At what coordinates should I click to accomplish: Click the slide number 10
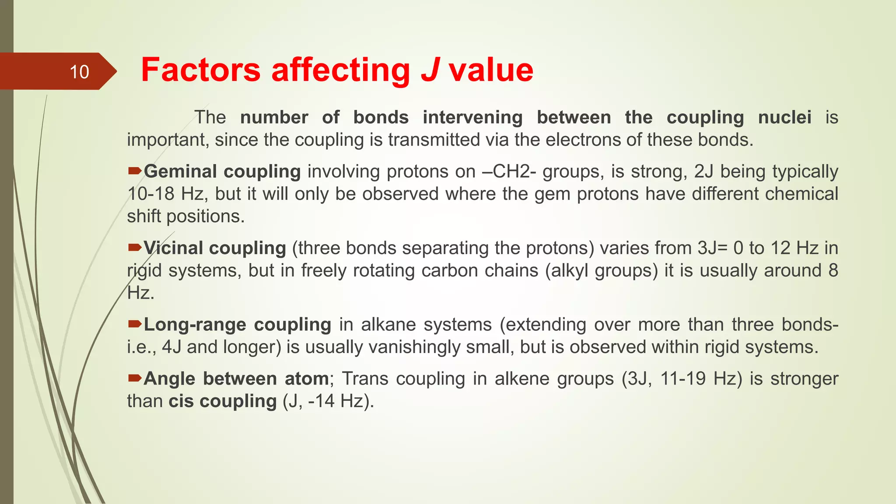point(79,72)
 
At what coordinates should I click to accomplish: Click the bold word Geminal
point(180,171)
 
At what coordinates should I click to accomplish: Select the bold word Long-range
point(195,325)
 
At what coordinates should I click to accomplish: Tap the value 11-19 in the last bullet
point(682,379)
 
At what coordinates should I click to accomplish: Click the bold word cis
point(181,401)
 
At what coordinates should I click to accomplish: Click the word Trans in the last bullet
point(365,379)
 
